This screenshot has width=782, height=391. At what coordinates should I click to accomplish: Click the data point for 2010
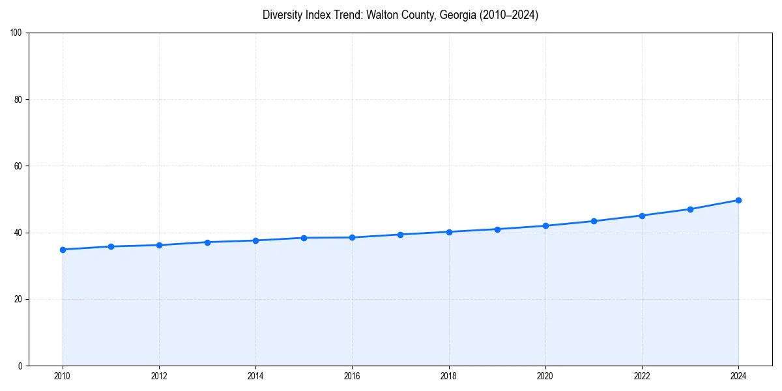pos(63,250)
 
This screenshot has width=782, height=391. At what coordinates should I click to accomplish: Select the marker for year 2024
pos(738,200)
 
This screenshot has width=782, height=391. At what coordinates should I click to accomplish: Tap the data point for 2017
pos(400,235)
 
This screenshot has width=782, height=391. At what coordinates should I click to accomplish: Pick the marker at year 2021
pos(594,221)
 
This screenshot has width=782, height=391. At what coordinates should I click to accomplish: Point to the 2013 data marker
pos(207,242)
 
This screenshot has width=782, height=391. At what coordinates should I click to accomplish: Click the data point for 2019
pos(497,229)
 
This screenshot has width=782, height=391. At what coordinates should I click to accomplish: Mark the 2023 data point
pos(690,209)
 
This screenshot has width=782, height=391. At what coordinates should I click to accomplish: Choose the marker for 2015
pos(304,238)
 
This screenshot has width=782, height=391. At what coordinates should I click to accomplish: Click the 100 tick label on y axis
pos(17,33)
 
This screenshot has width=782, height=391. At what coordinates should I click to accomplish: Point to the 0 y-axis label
pos(21,366)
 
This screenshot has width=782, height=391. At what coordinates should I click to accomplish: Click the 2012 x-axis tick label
pos(159,376)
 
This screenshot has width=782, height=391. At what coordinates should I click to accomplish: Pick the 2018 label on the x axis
pos(448,376)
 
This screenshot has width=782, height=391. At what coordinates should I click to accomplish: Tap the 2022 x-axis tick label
pos(642,376)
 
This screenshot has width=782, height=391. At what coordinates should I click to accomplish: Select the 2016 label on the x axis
pos(352,376)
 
